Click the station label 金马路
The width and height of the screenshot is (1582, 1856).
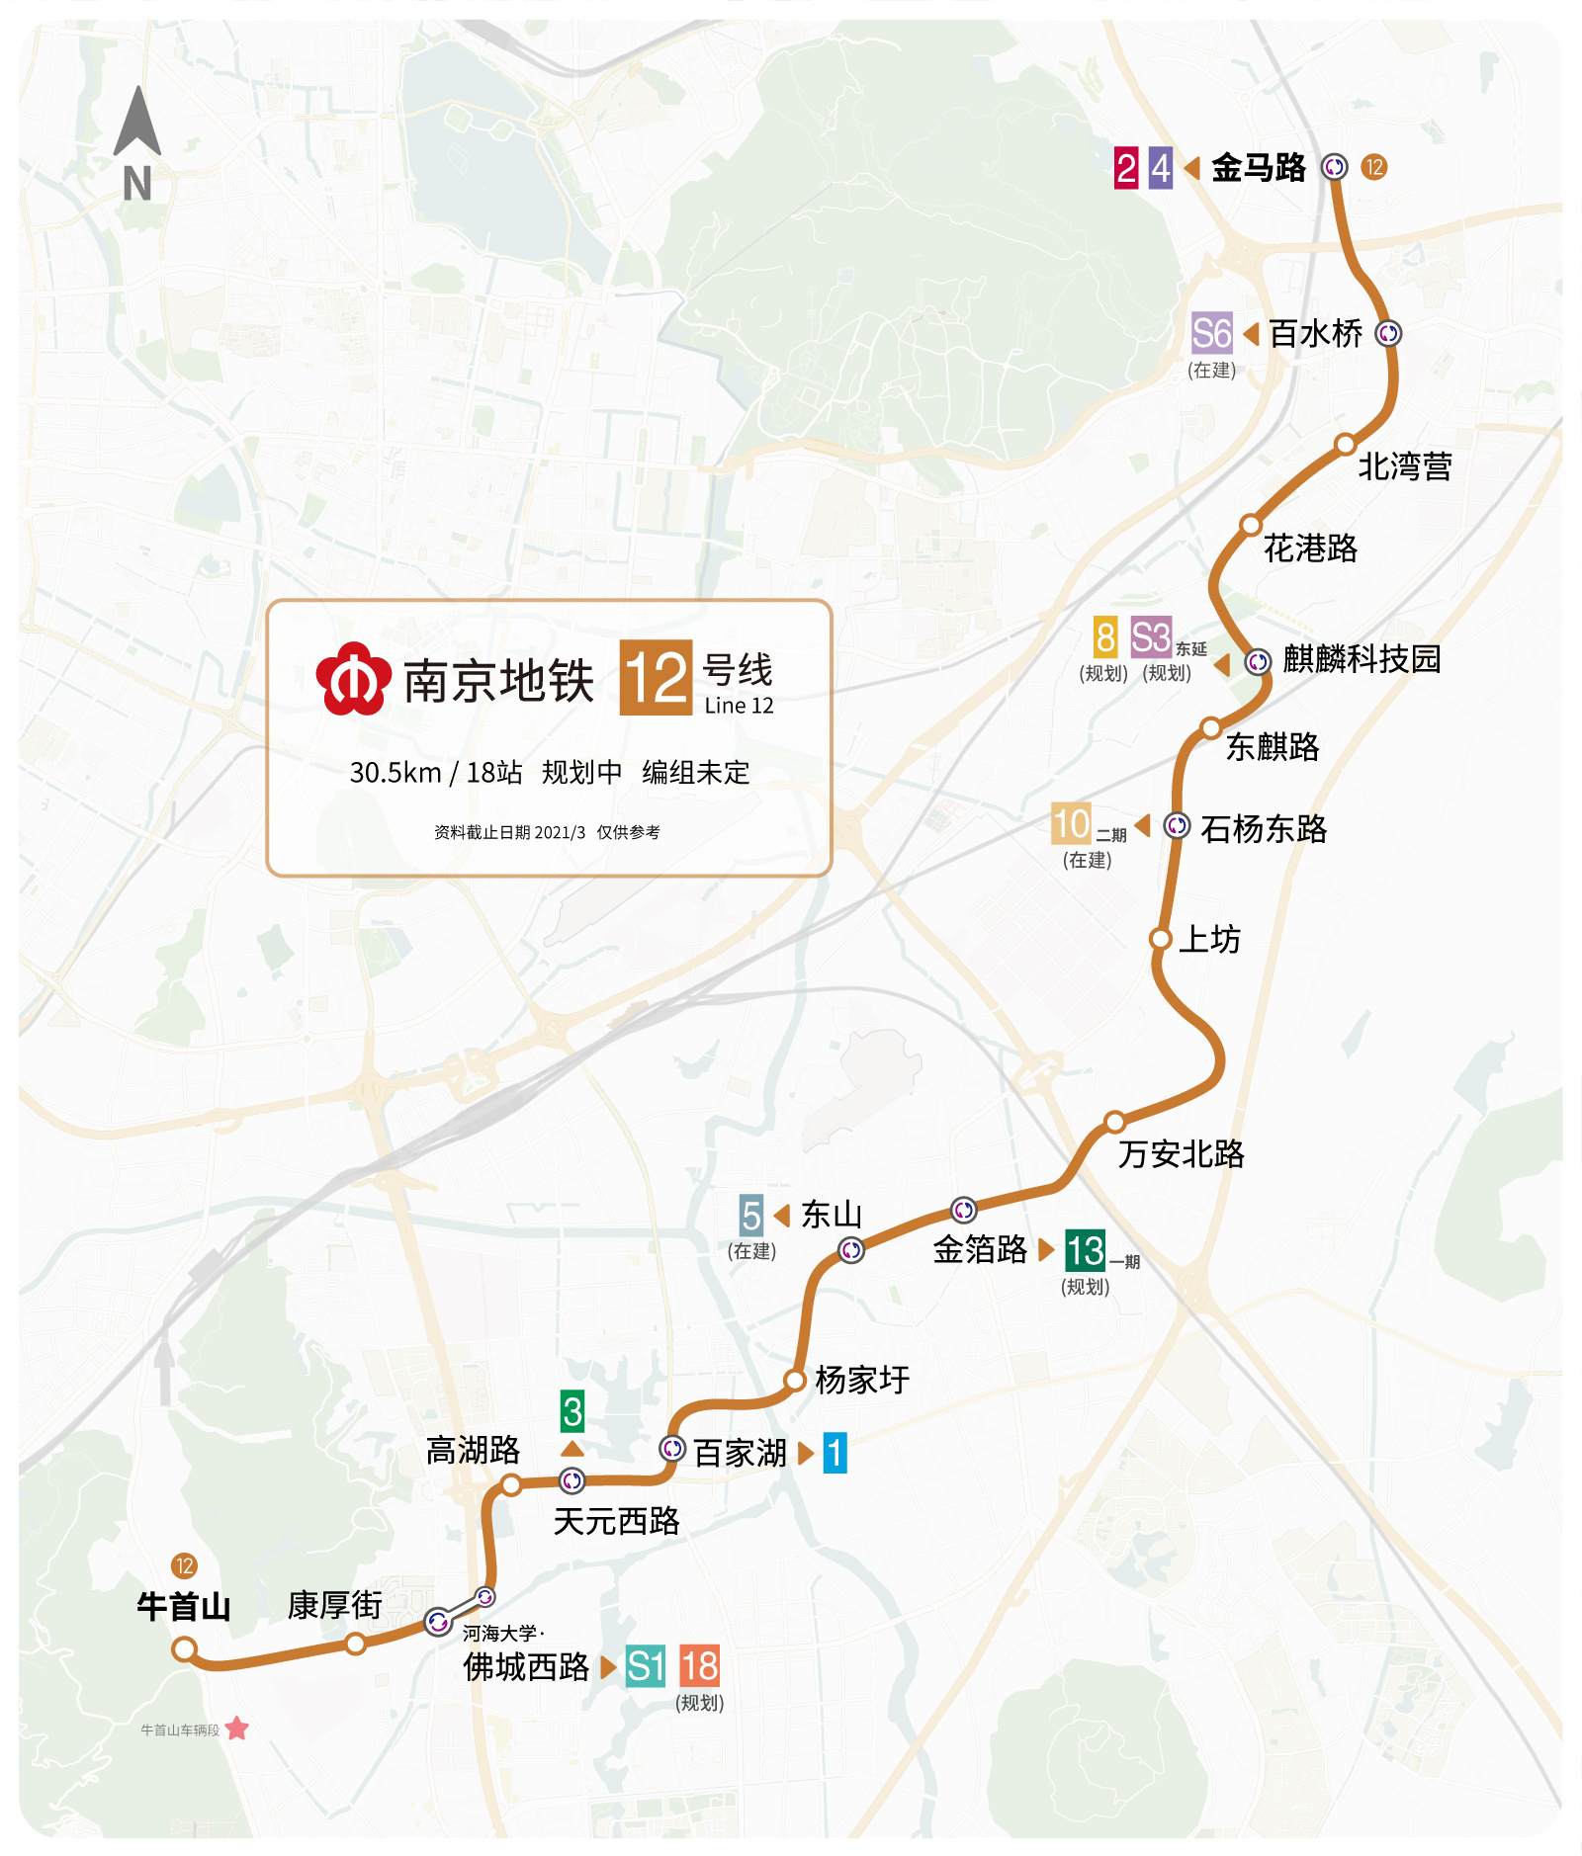pyautogui.click(x=1258, y=168)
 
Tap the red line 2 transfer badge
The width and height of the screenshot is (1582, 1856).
pyautogui.click(x=1126, y=168)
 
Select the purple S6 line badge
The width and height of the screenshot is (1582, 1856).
pyautogui.click(x=1212, y=334)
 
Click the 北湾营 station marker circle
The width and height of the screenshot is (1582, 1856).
pyautogui.click(x=1345, y=444)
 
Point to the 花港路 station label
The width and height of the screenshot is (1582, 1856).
pyautogui.click(x=1310, y=548)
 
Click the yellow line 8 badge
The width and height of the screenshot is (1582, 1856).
pyautogui.click(x=1105, y=637)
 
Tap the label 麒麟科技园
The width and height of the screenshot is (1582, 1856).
pyautogui.click(x=1362, y=659)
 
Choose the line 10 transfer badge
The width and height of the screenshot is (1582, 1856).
pyautogui.click(x=1071, y=824)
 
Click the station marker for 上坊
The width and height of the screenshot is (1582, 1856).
pyautogui.click(x=1161, y=938)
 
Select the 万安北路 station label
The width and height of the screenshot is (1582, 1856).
pyautogui.click(x=1181, y=1153)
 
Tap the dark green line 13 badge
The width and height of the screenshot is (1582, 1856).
pyautogui.click(x=1085, y=1251)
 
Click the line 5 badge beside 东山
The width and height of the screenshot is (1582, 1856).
pyautogui.click(x=751, y=1215)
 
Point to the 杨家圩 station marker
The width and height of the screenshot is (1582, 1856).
pyautogui.click(x=795, y=1380)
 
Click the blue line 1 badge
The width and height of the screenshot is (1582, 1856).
pyautogui.click(x=835, y=1453)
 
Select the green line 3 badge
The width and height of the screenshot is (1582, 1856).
pyautogui.click(x=572, y=1411)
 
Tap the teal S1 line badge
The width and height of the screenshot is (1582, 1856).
pyautogui.click(x=646, y=1667)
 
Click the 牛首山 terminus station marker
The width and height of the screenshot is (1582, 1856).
pyautogui.click(x=184, y=1648)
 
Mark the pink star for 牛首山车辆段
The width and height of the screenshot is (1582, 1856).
pyautogui.click(x=237, y=1729)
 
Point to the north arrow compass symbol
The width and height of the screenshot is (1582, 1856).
pyautogui.click(x=137, y=124)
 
